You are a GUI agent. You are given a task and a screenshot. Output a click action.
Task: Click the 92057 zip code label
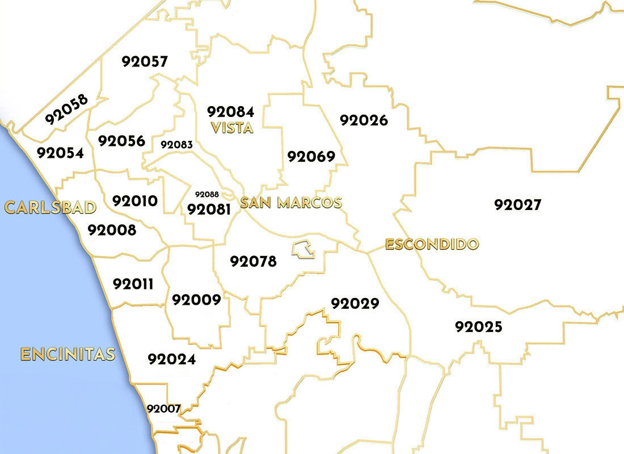pyautogui.click(x=145, y=61)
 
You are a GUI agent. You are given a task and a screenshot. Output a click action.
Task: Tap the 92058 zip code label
pyautogui.click(x=67, y=109)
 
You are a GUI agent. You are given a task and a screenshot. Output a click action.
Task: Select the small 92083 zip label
pyautogui.click(x=176, y=144)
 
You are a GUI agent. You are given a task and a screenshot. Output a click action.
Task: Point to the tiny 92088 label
pyautogui.click(x=206, y=194)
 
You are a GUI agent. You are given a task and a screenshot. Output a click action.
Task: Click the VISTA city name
pyautogui.click(x=231, y=128)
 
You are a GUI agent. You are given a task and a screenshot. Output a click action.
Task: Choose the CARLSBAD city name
pyautogui.click(x=50, y=207)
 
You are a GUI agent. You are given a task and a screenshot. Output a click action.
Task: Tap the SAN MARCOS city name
pyautogui.click(x=291, y=203)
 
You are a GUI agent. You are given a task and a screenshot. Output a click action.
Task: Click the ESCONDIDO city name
pyautogui.click(x=432, y=245)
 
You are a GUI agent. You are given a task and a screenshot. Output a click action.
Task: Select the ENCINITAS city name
pyautogui.click(x=68, y=355)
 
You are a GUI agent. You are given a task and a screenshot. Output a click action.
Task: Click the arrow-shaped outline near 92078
pyautogui.click(x=303, y=249)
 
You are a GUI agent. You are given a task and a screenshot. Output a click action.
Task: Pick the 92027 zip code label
pyautogui.click(x=518, y=205)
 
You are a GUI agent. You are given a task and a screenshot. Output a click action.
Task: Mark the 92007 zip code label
pyautogui.click(x=163, y=408)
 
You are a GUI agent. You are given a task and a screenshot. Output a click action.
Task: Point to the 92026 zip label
pyautogui.click(x=364, y=120)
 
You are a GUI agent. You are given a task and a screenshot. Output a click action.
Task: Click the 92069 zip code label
pyautogui.click(x=311, y=156)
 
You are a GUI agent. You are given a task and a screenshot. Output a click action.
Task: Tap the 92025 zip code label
pyautogui.click(x=478, y=327)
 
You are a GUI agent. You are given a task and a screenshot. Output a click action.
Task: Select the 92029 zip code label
pyautogui.click(x=355, y=304)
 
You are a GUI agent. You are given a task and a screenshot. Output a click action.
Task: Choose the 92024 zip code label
pyautogui.click(x=171, y=359)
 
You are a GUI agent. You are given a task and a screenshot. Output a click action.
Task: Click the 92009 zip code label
pyautogui.click(x=196, y=300)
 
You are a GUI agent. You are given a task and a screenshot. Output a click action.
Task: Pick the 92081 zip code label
pyautogui.click(x=209, y=209)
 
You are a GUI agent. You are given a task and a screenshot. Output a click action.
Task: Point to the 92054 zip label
pyautogui.click(x=60, y=153)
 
